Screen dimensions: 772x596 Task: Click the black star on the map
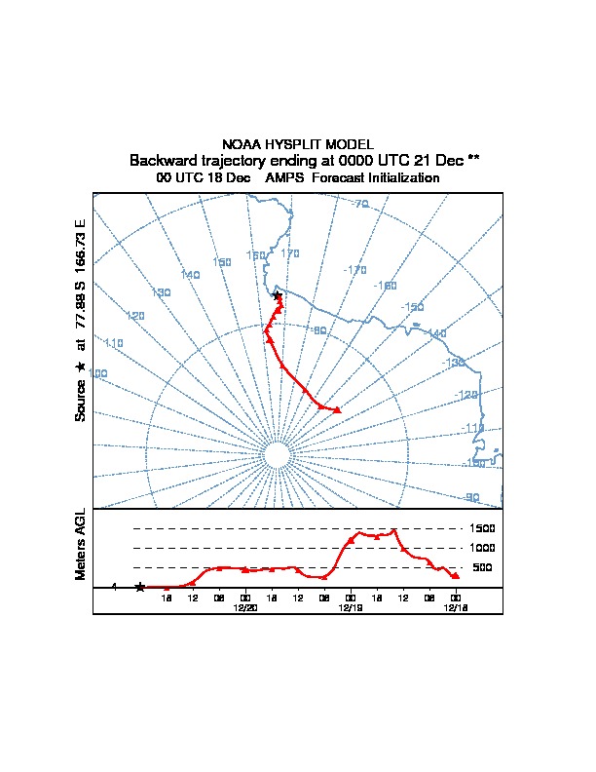(x=278, y=294)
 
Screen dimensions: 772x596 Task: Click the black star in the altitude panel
(x=140, y=587)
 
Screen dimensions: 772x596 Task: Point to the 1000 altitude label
(x=483, y=548)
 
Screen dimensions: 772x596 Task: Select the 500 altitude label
(x=481, y=567)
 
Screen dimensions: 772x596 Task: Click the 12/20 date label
(x=245, y=607)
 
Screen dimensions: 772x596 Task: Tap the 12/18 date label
(x=455, y=607)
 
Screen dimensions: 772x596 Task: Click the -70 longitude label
(x=359, y=204)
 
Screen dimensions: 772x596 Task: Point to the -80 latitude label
(x=318, y=330)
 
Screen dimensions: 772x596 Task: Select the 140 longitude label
(x=190, y=275)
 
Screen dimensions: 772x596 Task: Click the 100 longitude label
(x=97, y=373)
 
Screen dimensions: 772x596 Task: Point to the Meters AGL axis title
(x=81, y=545)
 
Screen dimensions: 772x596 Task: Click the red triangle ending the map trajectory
(x=337, y=409)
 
